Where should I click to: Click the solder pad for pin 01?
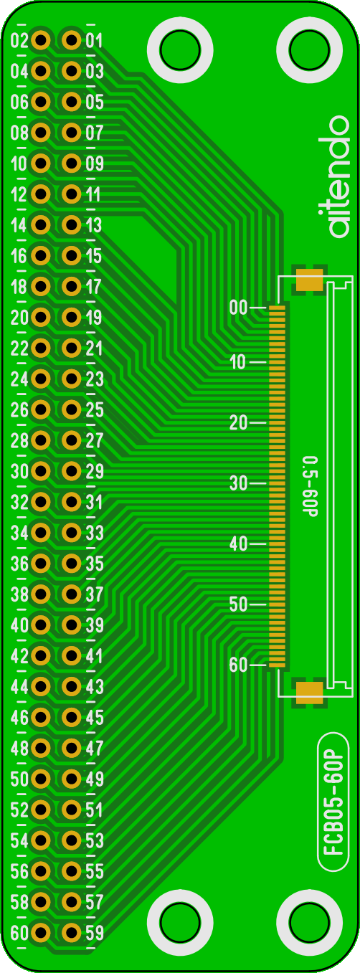click(x=71, y=40)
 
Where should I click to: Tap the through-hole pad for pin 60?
click(x=41, y=932)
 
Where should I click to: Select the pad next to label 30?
click(x=41, y=471)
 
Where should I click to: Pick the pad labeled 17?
click(x=71, y=286)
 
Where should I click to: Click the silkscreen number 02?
click(x=19, y=41)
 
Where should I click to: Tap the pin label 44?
click(x=19, y=687)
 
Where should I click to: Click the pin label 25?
click(x=95, y=409)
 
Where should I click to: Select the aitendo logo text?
click(x=338, y=176)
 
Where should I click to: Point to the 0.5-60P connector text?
click(x=310, y=485)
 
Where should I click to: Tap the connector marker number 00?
click(x=238, y=308)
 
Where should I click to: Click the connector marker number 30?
click(x=238, y=483)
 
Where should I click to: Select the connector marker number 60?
click(x=238, y=665)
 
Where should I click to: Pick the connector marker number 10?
click(x=238, y=362)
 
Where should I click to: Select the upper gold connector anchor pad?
click(x=310, y=280)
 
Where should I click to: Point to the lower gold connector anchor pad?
click(x=310, y=693)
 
